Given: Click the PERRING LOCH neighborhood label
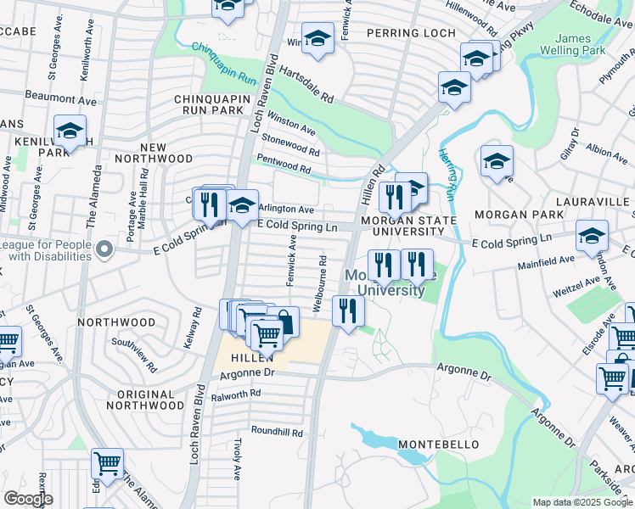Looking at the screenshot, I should pos(406,33).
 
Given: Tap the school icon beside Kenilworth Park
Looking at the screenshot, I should pos(70,131).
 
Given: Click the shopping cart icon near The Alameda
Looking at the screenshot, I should pos(107,463).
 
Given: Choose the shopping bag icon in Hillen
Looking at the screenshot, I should pos(284,322).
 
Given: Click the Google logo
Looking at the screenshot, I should pos(27,499).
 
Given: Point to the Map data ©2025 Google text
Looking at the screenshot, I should pos(582,502).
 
